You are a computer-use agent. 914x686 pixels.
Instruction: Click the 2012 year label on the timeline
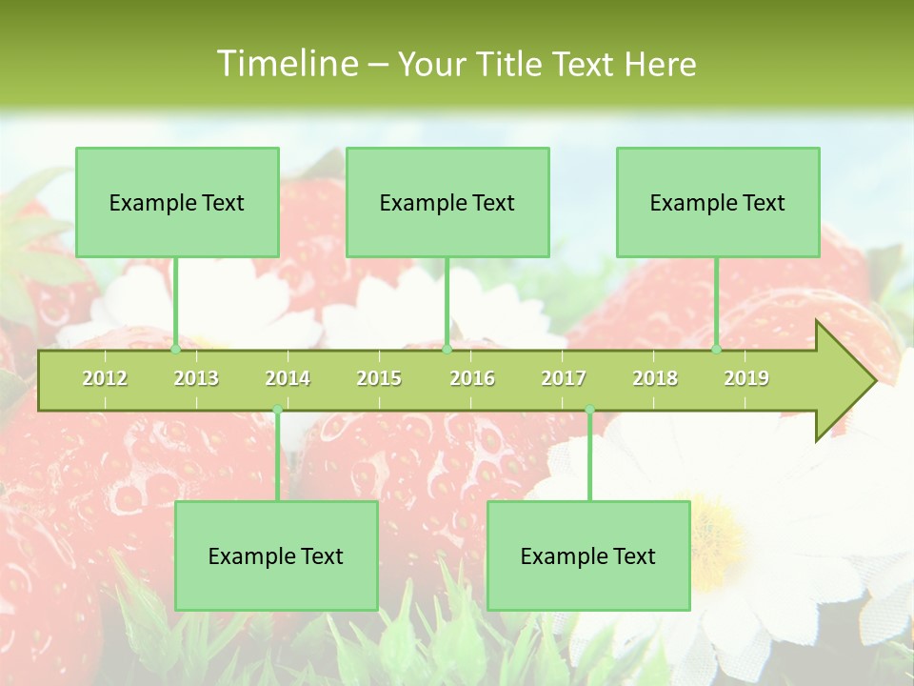tap(105, 378)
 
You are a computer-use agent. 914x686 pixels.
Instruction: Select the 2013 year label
tap(196, 378)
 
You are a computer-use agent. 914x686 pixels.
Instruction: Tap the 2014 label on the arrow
tap(288, 378)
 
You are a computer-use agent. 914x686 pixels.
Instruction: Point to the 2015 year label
tap(379, 378)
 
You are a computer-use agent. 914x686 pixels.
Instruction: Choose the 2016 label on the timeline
tap(472, 378)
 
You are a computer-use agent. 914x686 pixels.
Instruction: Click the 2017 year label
tap(564, 378)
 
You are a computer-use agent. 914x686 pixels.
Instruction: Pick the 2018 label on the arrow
tap(655, 378)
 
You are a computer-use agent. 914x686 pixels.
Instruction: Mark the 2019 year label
tap(746, 378)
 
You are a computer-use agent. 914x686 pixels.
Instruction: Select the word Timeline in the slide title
tap(286, 64)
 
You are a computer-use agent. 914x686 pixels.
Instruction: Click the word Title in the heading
tap(509, 64)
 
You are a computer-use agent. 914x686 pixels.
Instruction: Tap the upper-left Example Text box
tap(177, 202)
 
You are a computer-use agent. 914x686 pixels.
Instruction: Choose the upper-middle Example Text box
tap(447, 202)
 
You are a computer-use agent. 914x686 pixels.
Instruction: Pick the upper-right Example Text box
tap(718, 202)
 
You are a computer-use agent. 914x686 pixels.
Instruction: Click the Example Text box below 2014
tap(276, 555)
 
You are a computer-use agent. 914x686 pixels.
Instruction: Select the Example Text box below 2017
tap(588, 555)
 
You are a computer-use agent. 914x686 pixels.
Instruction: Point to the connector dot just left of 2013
tap(175, 350)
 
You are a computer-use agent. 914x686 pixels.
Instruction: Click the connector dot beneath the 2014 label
tap(277, 410)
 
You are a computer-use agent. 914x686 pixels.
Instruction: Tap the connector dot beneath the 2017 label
tap(589, 410)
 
